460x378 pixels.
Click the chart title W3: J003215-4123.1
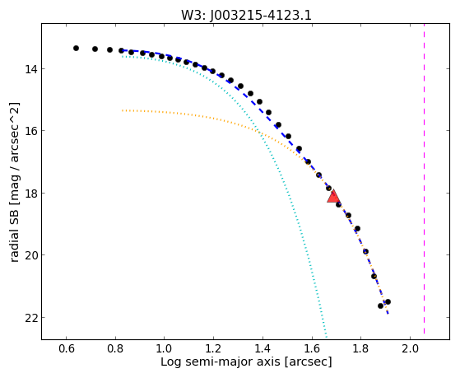[246, 15]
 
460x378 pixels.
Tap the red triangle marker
[333, 197]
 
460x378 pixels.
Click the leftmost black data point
[76, 48]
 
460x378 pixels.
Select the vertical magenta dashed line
[425, 179]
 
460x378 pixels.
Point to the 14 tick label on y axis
[30, 69]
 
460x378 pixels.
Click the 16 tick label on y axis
[30, 131]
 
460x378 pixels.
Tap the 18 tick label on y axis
[30, 194]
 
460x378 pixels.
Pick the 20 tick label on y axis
[30, 255]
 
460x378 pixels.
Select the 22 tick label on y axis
[30, 318]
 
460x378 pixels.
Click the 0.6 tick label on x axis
[67, 349]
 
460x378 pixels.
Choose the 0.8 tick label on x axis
[115, 349]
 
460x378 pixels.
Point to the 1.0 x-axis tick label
[165, 349]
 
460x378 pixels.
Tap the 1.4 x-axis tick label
[263, 349]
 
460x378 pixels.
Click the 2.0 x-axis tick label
[410, 349]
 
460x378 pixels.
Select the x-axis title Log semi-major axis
[220, 362]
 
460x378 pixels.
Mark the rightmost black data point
[388, 302]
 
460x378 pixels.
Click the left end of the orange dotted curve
[123, 110]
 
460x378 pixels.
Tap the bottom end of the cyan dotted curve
[326, 337]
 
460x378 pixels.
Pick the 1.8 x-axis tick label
[360, 349]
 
